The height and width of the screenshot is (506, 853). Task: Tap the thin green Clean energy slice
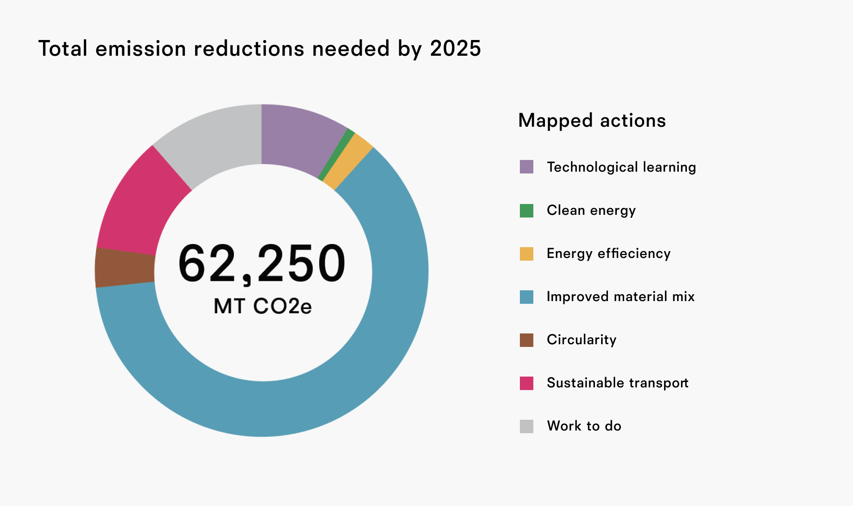tap(336, 155)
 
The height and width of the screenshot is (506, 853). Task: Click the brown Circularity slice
tap(125, 268)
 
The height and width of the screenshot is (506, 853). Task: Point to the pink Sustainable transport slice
tap(139, 207)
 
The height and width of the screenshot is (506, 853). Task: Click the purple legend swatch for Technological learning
tap(527, 167)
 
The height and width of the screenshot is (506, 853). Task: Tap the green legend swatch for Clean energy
tap(527, 210)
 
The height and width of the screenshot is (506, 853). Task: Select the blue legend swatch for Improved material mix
tap(527, 297)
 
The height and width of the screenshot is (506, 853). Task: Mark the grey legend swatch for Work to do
tap(527, 426)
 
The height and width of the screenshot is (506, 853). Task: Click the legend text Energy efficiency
tap(608, 253)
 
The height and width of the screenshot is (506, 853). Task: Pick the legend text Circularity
tap(581, 340)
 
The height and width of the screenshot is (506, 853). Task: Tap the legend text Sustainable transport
tap(617, 383)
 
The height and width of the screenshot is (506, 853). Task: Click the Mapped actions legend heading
tap(592, 120)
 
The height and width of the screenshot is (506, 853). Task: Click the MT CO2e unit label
tap(263, 306)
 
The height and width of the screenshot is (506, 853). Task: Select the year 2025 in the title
tap(455, 49)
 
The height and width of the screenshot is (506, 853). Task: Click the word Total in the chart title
tap(63, 49)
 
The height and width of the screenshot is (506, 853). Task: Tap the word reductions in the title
tap(249, 49)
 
